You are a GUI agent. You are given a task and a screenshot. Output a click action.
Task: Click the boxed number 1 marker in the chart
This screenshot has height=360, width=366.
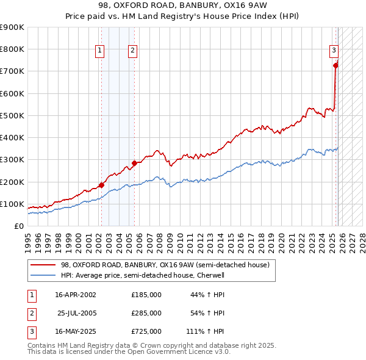click(99, 51)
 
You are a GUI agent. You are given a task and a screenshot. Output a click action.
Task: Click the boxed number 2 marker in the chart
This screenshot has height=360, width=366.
click(132, 51)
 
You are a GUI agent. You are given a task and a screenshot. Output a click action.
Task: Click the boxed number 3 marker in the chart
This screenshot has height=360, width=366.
click(334, 51)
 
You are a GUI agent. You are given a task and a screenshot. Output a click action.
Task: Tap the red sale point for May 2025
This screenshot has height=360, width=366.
click(335, 65)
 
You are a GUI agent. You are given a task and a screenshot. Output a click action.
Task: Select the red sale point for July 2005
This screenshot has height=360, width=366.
click(134, 163)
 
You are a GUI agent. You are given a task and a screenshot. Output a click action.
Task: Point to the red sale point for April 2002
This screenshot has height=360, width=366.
click(101, 185)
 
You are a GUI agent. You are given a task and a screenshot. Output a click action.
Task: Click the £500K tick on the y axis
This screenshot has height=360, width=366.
click(13, 115)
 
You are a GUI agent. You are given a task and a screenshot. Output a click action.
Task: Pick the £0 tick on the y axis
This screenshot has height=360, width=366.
click(20, 226)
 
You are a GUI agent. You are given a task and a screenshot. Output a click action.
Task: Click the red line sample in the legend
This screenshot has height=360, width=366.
click(43, 265)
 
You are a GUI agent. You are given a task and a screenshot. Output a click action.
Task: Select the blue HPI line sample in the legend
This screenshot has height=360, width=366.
click(43, 275)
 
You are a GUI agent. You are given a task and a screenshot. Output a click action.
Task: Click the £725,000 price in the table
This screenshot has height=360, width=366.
click(146, 331)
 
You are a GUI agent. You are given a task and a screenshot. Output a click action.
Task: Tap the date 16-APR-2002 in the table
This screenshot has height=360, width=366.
click(76, 295)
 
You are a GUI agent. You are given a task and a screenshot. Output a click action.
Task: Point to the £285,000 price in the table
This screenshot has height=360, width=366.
click(146, 313)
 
